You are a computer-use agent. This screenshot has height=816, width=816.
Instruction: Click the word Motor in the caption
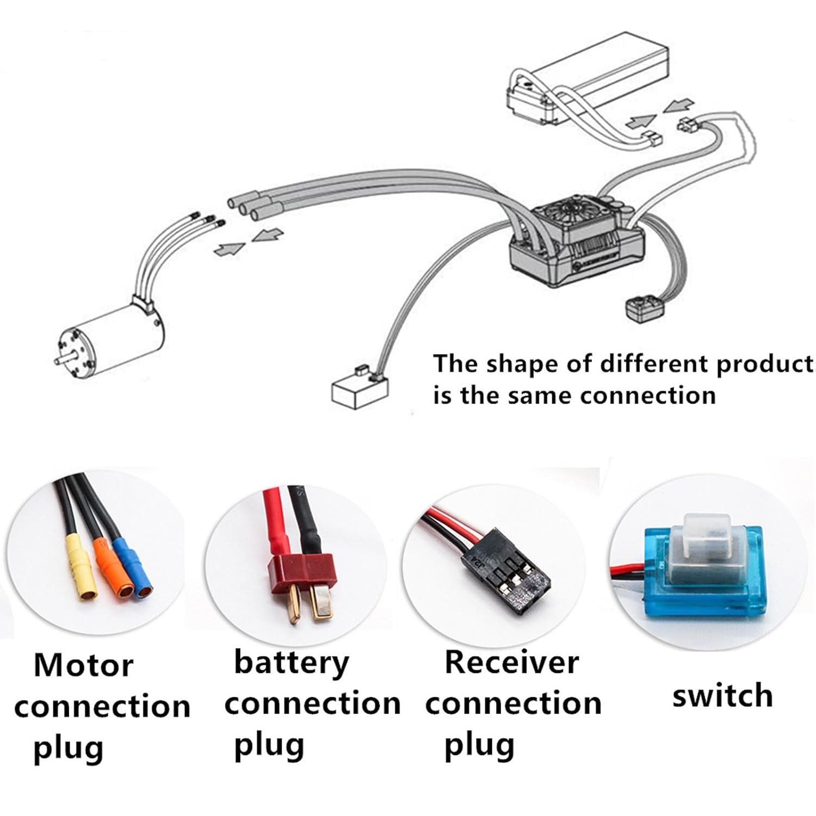point(83,665)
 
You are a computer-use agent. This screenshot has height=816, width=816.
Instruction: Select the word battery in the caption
point(292,663)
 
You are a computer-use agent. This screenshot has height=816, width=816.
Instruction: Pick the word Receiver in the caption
point(511,662)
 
